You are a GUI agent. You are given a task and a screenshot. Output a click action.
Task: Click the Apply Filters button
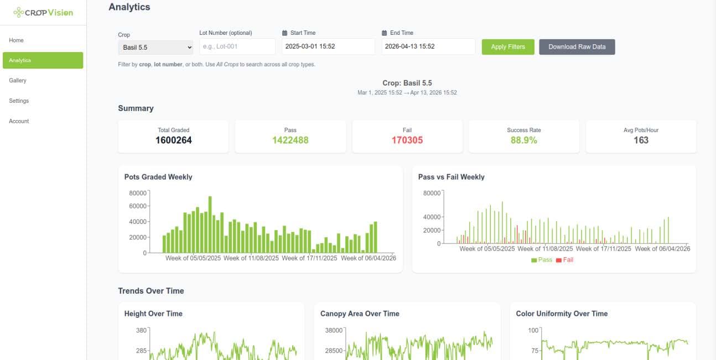click(508, 47)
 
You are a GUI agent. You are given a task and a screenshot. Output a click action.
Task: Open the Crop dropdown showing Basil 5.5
click(155, 48)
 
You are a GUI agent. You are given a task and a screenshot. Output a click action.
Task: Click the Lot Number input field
click(237, 47)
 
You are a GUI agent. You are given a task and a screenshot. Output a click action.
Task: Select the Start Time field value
click(328, 47)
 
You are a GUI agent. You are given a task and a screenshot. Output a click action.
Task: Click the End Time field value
click(428, 47)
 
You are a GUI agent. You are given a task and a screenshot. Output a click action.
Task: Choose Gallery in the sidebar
click(18, 81)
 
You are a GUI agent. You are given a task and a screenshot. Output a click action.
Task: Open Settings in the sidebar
click(19, 101)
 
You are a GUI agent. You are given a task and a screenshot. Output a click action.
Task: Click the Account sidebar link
click(19, 121)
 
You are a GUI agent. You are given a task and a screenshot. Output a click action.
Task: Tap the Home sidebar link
click(17, 40)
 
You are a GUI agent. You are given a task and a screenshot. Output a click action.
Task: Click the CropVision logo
click(43, 12)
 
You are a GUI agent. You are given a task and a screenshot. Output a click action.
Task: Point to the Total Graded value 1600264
click(173, 140)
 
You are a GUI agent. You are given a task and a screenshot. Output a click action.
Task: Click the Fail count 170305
click(407, 140)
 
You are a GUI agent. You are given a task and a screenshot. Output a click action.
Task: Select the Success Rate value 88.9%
click(523, 140)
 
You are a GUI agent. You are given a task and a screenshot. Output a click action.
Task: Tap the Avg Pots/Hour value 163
click(641, 140)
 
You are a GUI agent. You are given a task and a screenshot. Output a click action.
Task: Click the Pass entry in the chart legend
click(542, 260)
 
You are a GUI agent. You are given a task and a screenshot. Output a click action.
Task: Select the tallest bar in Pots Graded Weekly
click(210, 225)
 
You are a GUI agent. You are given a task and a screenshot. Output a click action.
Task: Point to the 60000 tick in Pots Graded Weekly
click(138, 206)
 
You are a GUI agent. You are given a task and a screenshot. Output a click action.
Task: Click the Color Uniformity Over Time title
click(562, 314)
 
